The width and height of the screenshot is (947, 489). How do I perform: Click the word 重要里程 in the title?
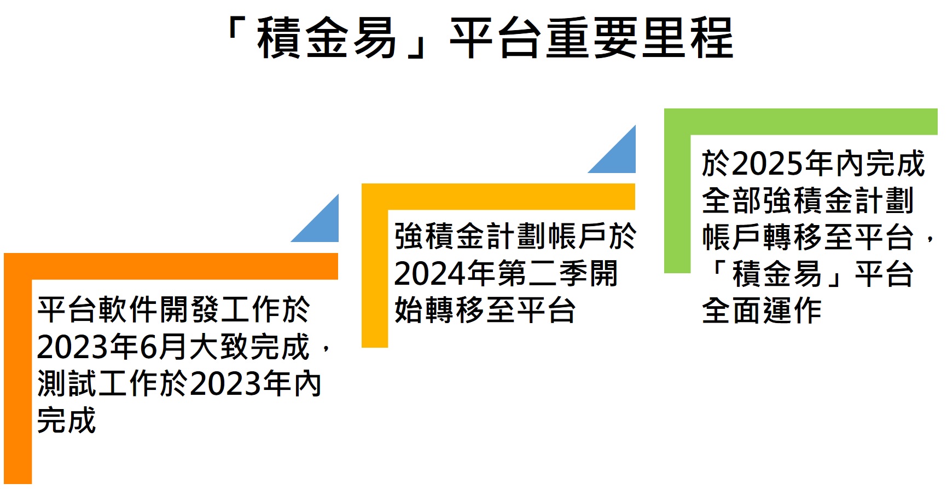(x=639, y=38)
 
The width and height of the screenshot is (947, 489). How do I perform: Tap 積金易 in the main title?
(x=327, y=38)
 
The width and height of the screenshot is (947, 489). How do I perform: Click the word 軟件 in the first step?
(x=129, y=310)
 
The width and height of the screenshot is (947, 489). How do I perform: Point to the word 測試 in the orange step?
(x=68, y=384)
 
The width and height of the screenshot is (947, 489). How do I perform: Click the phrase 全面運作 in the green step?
(x=762, y=310)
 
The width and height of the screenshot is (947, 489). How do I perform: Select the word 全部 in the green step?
(x=733, y=200)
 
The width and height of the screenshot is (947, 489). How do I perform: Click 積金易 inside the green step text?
(x=777, y=274)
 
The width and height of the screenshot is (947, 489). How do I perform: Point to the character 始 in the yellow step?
(x=409, y=310)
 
